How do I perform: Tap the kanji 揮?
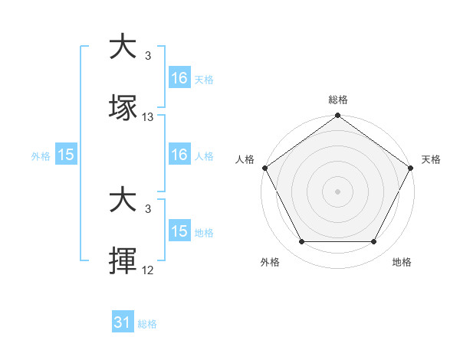coord(123,261)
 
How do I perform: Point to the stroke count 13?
coord(148,117)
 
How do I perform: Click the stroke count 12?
coord(148,270)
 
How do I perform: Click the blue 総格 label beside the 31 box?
coord(147,324)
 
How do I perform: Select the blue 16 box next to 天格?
coord(179,78)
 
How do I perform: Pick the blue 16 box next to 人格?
coord(179,155)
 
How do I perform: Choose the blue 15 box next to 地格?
coord(179,231)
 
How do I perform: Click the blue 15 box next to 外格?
coord(66,155)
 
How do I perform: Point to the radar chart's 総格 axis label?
coord(337,100)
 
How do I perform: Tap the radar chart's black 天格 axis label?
coord(431,159)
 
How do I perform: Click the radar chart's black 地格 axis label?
coord(402,262)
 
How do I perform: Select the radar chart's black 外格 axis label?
coord(270,262)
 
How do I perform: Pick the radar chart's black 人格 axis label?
coord(245,159)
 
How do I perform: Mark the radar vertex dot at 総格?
coord(337,116)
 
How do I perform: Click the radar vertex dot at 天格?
coord(412,168)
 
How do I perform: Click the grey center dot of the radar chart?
coord(337,191)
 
